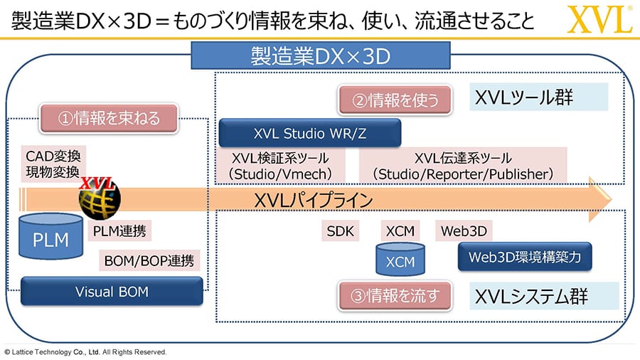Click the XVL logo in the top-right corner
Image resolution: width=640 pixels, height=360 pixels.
[599, 19]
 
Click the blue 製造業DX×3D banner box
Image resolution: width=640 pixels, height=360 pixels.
[321, 55]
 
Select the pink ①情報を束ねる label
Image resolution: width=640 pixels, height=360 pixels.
[109, 118]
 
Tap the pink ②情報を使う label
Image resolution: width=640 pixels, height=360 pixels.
[395, 100]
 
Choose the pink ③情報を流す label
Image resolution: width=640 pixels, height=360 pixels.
[395, 295]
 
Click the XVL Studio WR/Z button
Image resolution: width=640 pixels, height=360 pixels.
[310, 133]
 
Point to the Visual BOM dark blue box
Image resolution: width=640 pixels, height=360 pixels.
[112, 292]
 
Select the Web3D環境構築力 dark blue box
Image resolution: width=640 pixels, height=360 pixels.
[525, 257]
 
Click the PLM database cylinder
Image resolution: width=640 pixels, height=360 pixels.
[50, 236]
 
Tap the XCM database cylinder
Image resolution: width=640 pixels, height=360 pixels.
[400, 259]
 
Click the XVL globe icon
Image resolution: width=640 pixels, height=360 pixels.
[99, 198]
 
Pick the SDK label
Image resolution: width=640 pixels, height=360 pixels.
[340, 231]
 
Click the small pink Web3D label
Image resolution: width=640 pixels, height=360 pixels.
[464, 231]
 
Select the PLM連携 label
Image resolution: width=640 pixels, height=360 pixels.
[119, 231]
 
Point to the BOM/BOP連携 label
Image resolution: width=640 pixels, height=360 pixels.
[149, 260]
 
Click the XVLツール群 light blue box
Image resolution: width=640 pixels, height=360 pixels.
[539, 97]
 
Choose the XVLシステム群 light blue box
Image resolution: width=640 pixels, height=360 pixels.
[544, 295]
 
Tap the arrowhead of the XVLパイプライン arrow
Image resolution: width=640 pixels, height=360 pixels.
[600, 200]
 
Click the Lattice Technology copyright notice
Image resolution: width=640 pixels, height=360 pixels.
[85, 352]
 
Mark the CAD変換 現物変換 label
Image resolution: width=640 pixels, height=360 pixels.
[53, 164]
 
